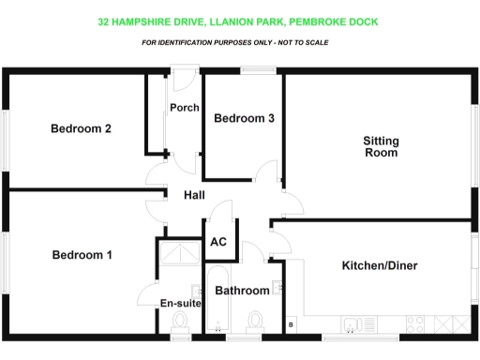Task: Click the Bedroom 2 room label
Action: click(x=82, y=128)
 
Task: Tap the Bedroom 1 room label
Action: click(x=82, y=255)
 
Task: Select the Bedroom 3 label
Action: click(x=244, y=118)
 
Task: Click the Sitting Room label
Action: click(x=381, y=146)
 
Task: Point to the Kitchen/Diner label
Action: click(x=379, y=266)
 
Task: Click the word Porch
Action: click(x=184, y=108)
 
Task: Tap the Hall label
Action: click(x=195, y=194)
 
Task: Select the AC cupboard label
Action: click(x=218, y=242)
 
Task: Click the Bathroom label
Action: click(x=242, y=291)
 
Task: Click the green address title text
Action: click(x=239, y=21)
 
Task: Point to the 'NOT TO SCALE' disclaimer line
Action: click(x=239, y=43)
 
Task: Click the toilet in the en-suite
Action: click(x=179, y=323)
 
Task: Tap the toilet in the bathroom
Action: click(x=251, y=323)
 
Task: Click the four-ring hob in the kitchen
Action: click(x=415, y=324)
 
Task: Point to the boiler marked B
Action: click(x=291, y=324)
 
